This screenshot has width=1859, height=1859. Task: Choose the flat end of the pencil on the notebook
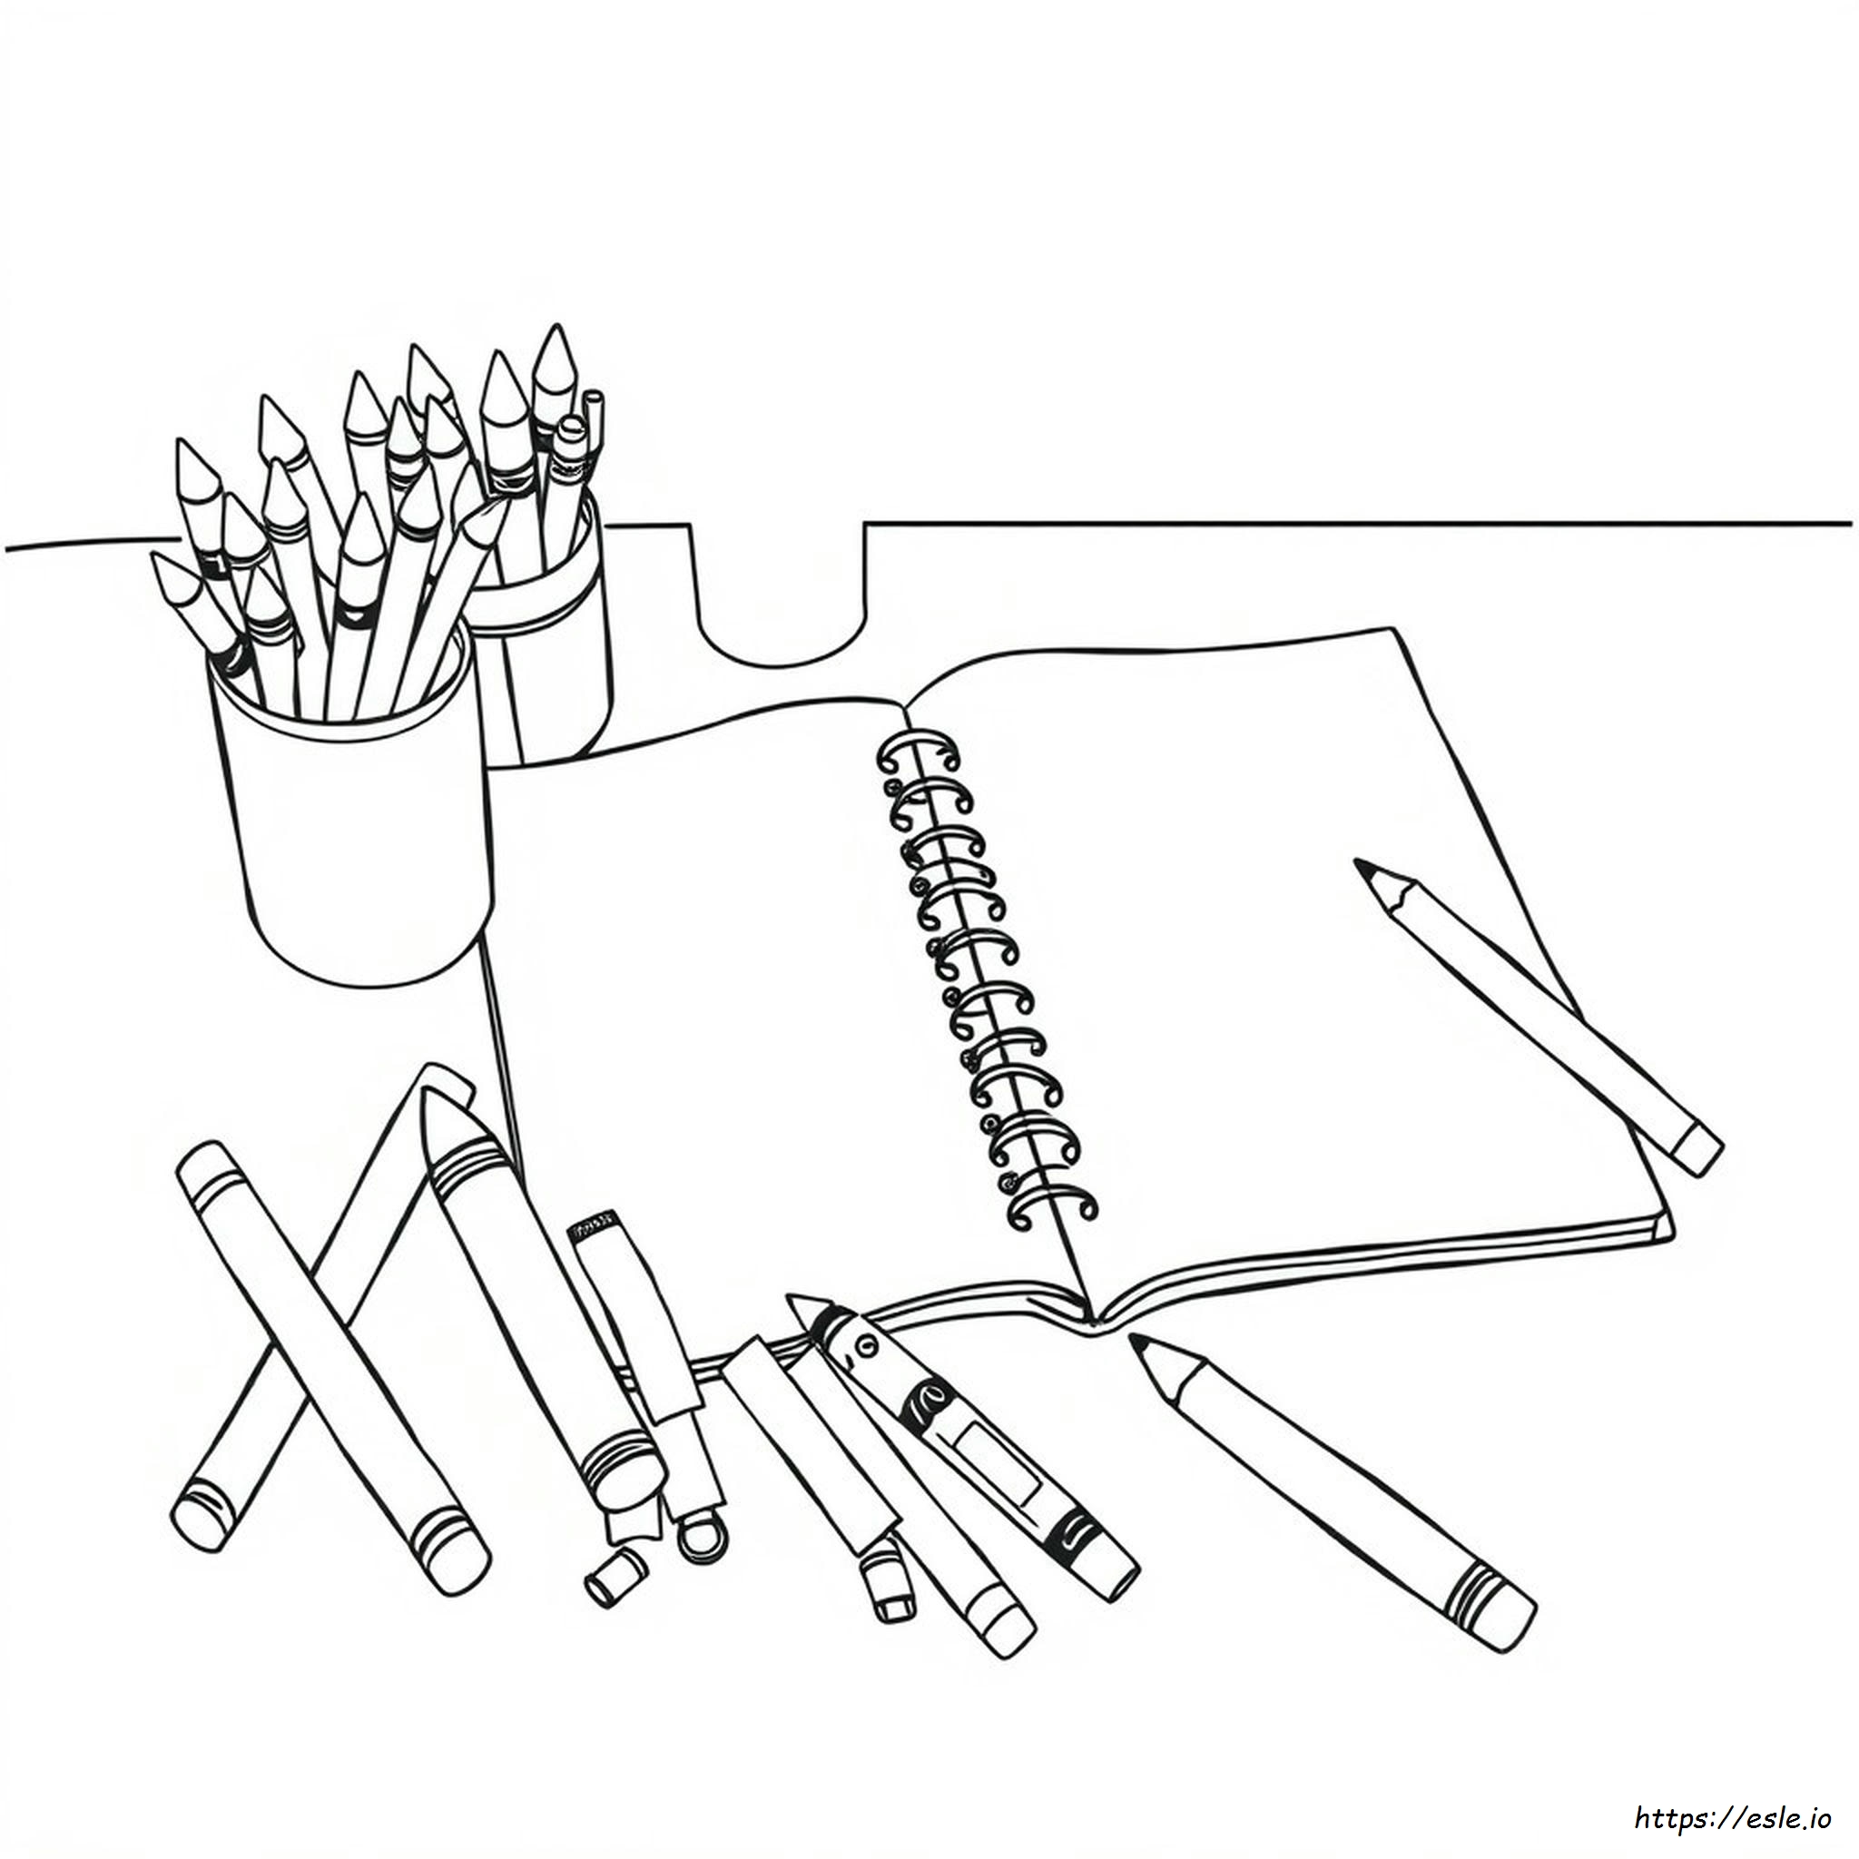click(x=1698, y=1150)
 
